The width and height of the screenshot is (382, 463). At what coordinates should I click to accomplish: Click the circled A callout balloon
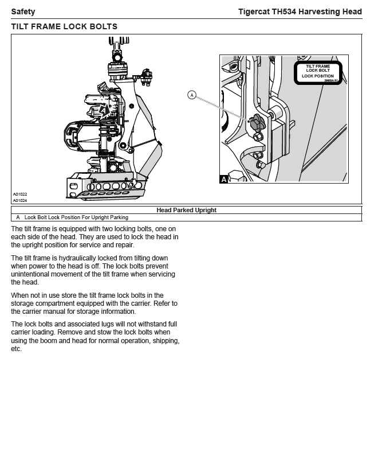pyautogui.click(x=192, y=95)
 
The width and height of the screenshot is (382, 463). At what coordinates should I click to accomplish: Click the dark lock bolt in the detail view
pyautogui.click(x=255, y=122)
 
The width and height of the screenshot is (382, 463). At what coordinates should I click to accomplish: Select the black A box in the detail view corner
pyautogui.click(x=224, y=180)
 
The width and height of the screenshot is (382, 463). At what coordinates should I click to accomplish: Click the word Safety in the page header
pyautogui.click(x=23, y=11)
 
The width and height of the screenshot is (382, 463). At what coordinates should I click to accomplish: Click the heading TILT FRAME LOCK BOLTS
pyautogui.click(x=64, y=26)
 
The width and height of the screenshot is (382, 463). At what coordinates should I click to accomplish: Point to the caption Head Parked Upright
pyautogui.click(x=186, y=210)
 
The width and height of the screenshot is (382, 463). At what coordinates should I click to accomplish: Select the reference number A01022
pyautogui.click(x=20, y=195)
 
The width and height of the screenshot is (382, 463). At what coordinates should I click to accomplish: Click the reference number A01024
pyautogui.click(x=20, y=201)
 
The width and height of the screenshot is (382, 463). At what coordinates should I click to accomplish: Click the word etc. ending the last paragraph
pyautogui.click(x=17, y=349)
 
